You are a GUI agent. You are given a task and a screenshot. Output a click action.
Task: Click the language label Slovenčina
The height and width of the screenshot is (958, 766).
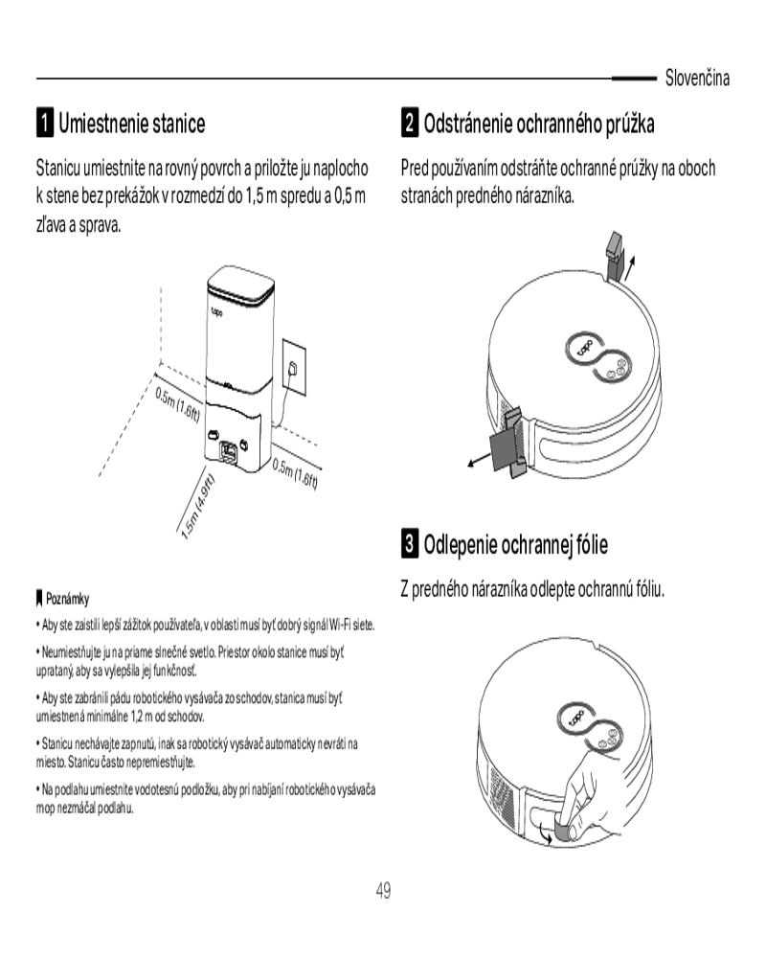coord(697,79)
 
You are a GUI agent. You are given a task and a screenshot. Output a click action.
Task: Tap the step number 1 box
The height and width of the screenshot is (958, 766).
coord(45,123)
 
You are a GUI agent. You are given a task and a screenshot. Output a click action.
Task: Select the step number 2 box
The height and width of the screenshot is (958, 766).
coord(410,123)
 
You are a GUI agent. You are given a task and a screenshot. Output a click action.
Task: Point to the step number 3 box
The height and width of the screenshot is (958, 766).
coord(410,543)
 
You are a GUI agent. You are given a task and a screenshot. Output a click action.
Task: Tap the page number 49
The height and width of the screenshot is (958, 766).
coord(383,890)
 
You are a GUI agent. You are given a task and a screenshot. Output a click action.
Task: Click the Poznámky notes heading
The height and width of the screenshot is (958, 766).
coord(67,599)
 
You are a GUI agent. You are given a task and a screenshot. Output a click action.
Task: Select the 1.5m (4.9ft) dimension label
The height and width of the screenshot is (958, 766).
coord(198,506)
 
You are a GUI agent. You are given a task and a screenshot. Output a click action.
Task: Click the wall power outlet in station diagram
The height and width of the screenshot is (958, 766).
coord(294,368)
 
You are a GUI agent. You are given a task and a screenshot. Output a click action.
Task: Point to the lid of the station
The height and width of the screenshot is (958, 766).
coord(240,286)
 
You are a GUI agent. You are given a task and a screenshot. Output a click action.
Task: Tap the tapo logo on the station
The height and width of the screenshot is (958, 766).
coord(216,312)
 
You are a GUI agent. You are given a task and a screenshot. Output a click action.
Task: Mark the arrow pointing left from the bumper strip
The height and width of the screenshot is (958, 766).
coord(479,460)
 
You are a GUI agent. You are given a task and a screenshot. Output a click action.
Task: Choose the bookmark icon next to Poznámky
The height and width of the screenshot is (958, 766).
coord(40,598)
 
